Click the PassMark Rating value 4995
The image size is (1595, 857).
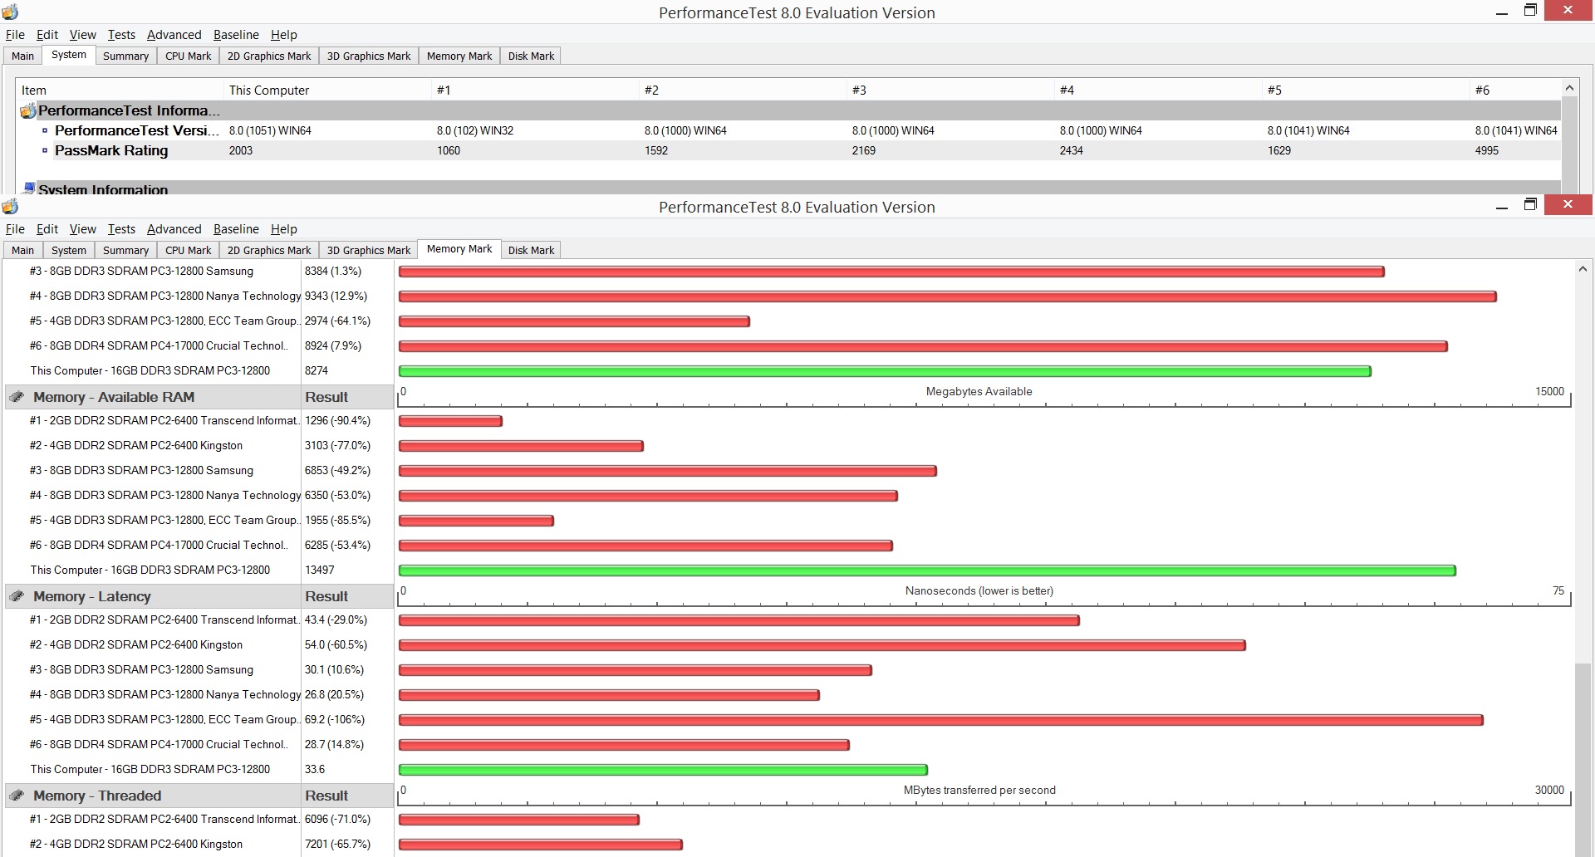click(1487, 150)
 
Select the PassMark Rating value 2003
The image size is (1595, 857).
click(241, 150)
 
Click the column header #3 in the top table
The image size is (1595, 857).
click(859, 90)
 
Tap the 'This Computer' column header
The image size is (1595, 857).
click(269, 90)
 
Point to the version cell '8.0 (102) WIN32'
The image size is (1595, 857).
click(475, 130)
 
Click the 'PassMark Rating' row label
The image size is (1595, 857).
click(111, 150)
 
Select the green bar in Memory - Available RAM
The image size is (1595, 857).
click(927, 571)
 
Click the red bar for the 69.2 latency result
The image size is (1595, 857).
click(941, 720)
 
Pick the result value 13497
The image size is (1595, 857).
click(320, 570)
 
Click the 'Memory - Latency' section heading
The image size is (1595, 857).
click(92, 596)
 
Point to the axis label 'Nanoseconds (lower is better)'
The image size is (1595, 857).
click(979, 590)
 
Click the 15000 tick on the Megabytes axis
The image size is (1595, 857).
click(1549, 391)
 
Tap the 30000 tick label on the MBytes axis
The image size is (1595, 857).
click(1549, 790)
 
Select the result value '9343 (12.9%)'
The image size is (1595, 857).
click(336, 296)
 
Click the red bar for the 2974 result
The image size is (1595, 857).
click(574, 321)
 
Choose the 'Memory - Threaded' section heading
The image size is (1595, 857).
click(97, 796)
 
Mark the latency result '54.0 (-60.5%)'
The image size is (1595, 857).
click(336, 644)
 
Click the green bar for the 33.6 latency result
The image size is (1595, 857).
click(663, 770)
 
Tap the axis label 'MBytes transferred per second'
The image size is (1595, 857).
click(979, 790)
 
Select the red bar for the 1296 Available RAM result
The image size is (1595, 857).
click(450, 421)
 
